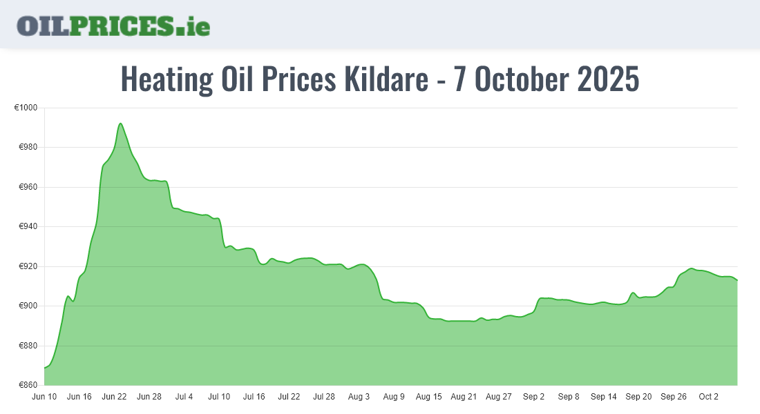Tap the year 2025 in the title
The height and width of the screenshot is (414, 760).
click(608, 80)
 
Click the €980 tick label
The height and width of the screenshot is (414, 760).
click(28, 148)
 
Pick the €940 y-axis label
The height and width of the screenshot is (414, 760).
click(28, 227)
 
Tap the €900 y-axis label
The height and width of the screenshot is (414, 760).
click(28, 306)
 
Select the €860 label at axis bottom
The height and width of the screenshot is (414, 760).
click(28, 385)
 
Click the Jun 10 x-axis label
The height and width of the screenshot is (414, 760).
click(44, 397)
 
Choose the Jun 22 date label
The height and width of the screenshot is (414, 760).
click(114, 397)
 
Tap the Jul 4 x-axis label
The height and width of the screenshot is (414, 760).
click(184, 397)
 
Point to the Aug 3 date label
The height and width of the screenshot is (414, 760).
click(359, 397)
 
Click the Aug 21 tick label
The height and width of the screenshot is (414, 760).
click(464, 397)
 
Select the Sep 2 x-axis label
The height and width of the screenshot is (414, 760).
click(534, 397)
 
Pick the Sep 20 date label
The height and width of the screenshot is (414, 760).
click(638, 397)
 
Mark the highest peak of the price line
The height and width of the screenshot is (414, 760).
click(120, 124)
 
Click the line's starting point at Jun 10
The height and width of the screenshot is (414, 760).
click(45, 368)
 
